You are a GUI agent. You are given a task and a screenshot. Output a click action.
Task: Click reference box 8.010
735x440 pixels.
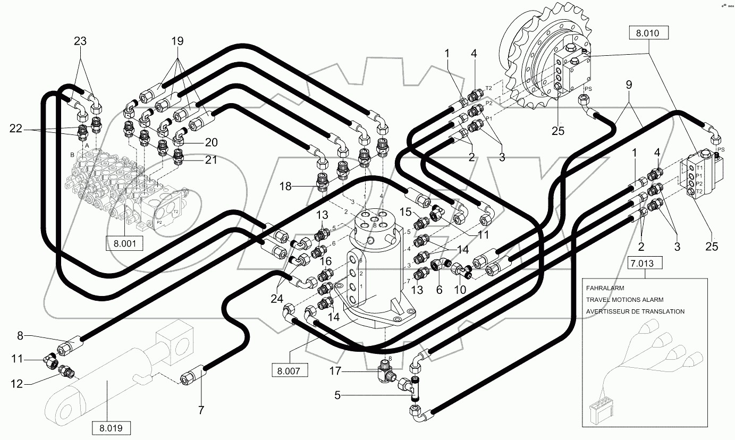click(648, 33)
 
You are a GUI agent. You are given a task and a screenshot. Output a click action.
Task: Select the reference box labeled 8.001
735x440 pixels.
click(125, 244)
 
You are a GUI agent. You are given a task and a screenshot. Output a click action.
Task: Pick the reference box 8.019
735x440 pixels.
click(112, 427)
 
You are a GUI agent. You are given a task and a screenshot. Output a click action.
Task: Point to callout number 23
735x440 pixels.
click(80, 41)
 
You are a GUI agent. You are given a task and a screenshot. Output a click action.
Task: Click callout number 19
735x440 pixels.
click(178, 41)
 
